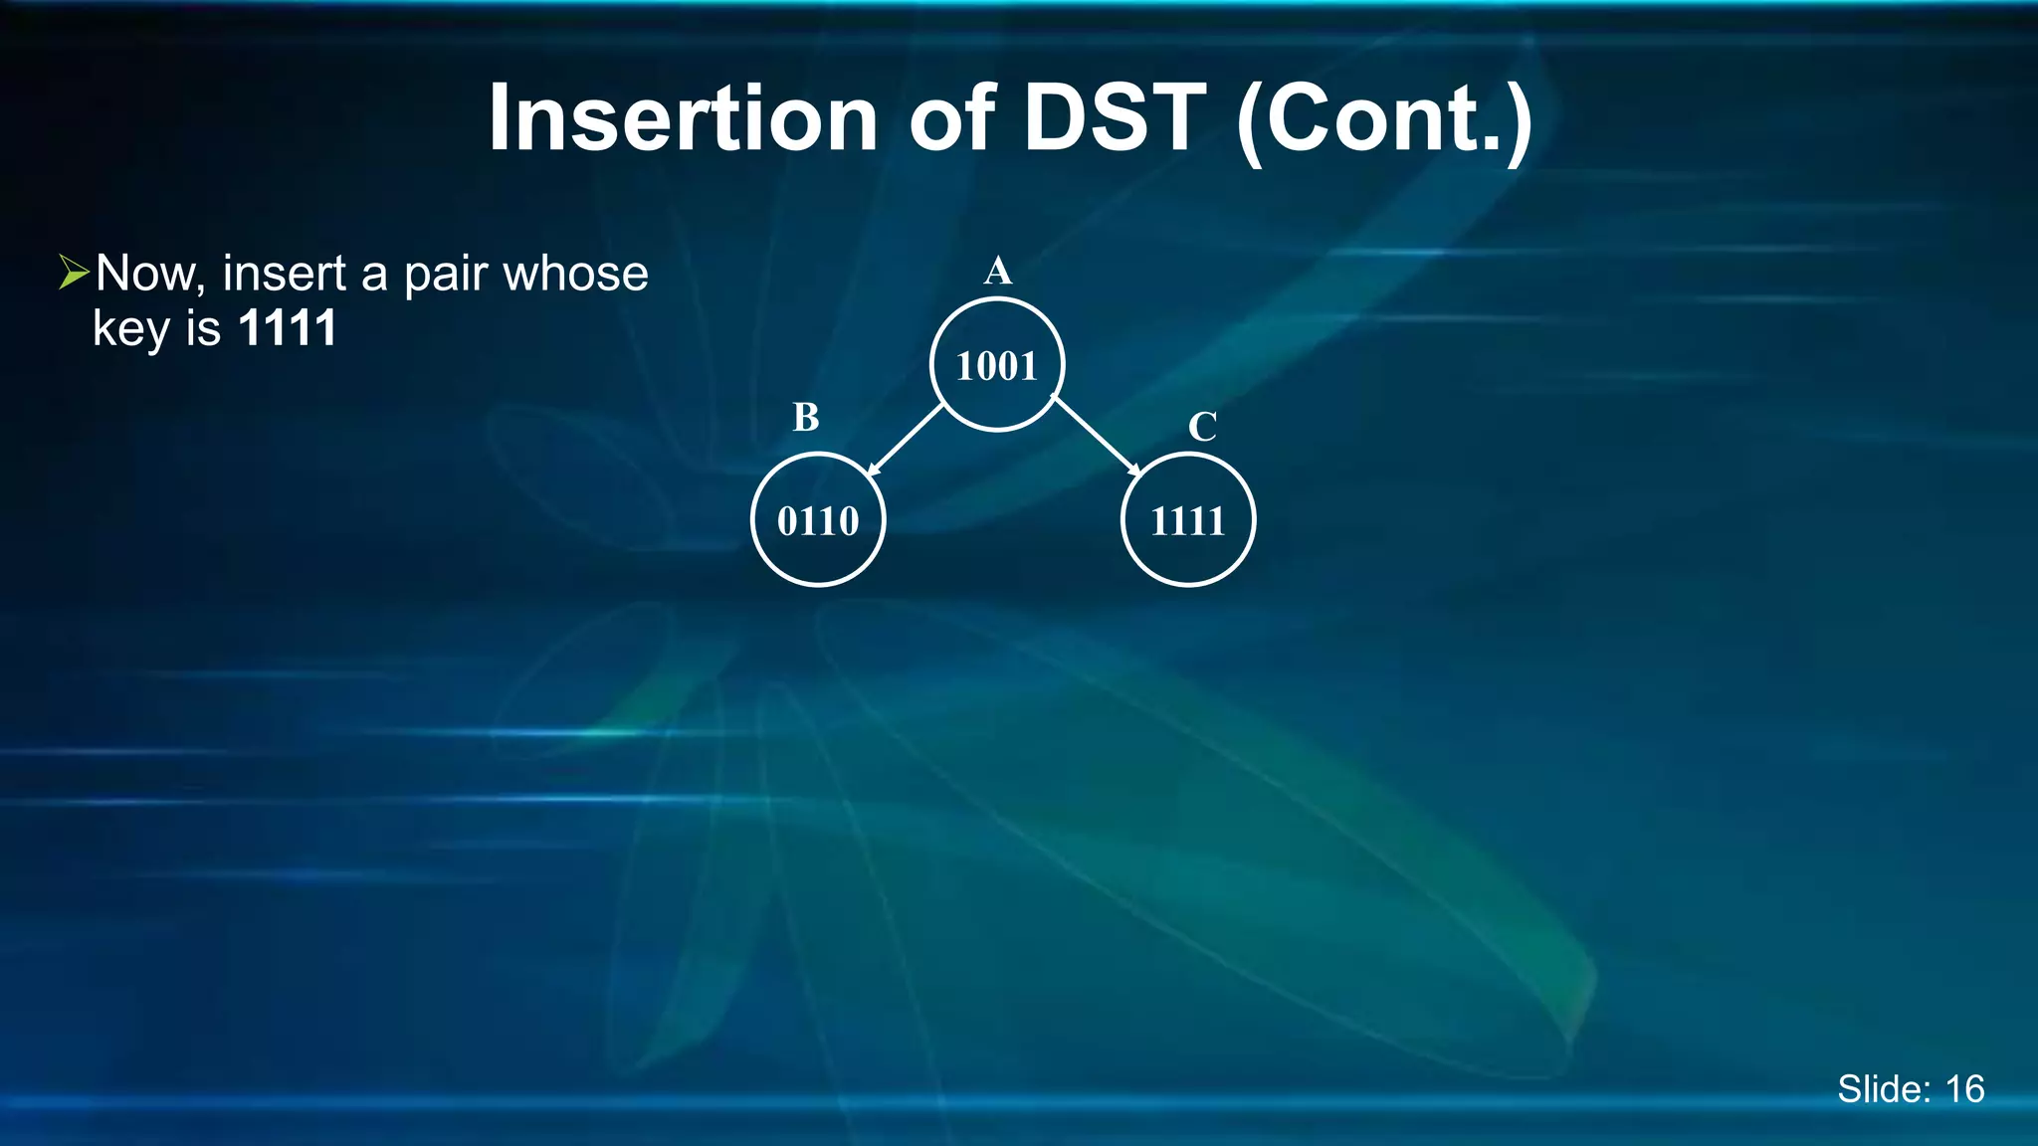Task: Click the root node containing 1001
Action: pos(997,365)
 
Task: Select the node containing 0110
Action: pos(818,520)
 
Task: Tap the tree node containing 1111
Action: pos(1187,520)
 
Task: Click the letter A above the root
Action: pos(997,271)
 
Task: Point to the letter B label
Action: pos(806,418)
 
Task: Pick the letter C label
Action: pos(1202,428)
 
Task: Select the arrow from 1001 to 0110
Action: pos(905,440)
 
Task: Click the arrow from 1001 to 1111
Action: pos(1096,437)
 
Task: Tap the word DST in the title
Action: pos(1115,118)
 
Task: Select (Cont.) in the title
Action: pos(1384,120)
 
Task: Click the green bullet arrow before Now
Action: pos(74,272)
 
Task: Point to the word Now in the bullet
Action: pos(150,274)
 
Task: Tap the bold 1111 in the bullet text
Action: pos(288,328)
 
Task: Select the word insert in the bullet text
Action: pos(284,274)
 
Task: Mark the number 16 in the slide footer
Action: pos(1964,1089)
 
